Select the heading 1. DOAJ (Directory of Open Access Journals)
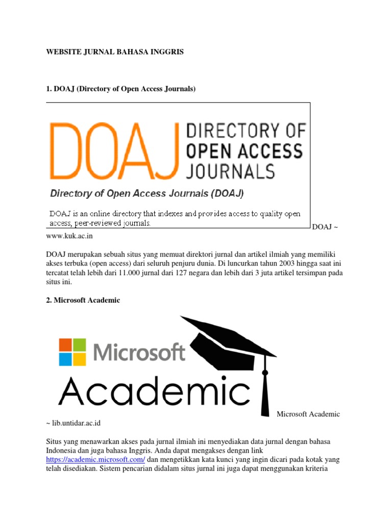121,89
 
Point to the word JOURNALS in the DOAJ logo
231,170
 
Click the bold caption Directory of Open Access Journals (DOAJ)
146,194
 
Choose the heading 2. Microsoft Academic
83,300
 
